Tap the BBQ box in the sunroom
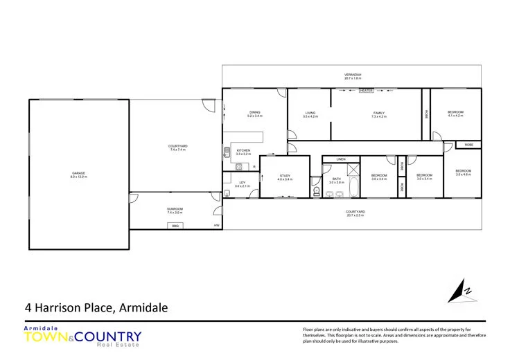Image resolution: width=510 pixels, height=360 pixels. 175,226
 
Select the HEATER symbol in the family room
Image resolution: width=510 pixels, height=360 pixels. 366,91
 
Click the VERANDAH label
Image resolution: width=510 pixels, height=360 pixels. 353,75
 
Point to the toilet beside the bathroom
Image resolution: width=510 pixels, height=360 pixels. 316,190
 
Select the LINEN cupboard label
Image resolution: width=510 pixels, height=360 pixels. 340,159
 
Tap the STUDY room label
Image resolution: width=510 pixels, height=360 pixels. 285,176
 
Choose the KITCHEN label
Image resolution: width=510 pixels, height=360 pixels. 243,150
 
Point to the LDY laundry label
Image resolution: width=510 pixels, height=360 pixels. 242,182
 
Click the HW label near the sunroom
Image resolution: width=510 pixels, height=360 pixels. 216,226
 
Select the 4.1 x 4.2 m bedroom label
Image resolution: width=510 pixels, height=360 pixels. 455,112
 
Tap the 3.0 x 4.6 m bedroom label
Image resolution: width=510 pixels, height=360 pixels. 463,171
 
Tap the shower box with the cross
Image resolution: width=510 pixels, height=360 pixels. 353,170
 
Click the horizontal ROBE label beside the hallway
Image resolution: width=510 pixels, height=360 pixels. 469,145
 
